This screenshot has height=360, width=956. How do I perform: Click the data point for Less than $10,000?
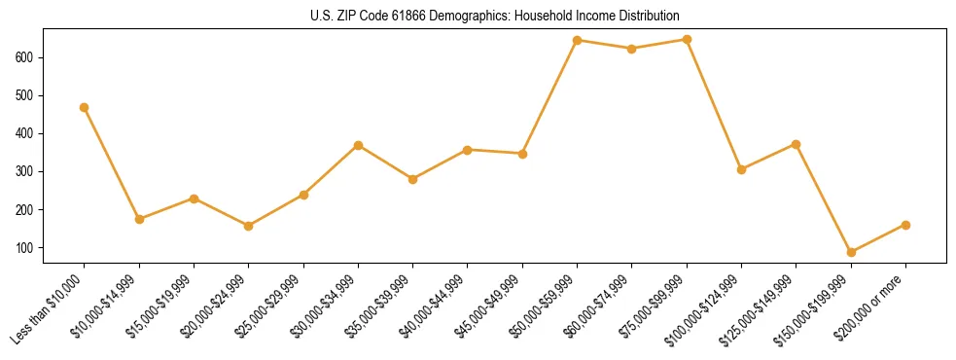coord(85,107)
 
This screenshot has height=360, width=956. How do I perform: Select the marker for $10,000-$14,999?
coord(139,219)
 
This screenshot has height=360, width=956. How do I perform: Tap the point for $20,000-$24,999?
coord(249,226)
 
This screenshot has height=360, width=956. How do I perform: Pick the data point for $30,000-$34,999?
coord(359,145)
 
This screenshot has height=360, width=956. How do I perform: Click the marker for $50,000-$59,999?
coord(578,40)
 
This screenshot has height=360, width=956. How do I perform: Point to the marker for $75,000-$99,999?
coord(687,39)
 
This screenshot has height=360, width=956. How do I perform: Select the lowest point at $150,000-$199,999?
coord(851,252)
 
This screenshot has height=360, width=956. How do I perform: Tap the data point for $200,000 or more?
coord(905,225)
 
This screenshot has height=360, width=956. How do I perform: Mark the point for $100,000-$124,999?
coord(742,169)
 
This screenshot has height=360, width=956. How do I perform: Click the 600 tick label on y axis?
coord(27,57)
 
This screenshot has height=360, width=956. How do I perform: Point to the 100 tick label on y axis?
coord(27,248)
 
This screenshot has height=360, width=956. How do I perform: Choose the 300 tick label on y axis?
coord(27,171)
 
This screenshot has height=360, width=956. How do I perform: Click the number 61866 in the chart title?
coord(387,17)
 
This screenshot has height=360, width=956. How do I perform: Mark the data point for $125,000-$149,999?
coord(797,144)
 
